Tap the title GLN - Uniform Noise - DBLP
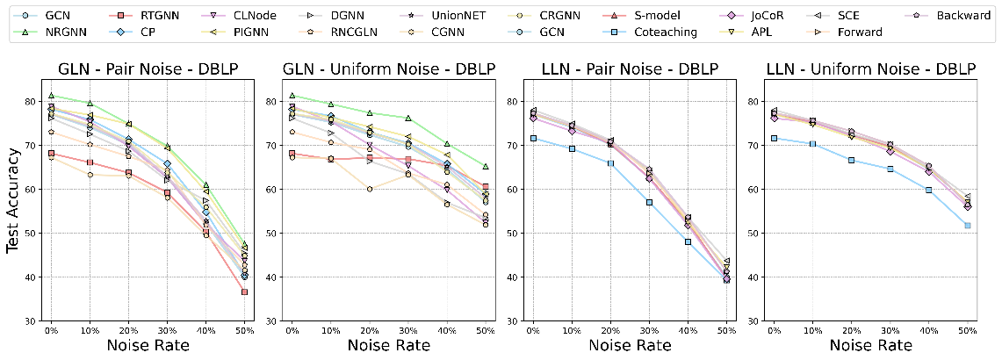tap(387, 69)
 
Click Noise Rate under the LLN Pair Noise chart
tap(629, 345)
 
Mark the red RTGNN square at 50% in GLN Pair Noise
tap(244, 292)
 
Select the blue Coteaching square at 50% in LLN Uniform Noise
tap(967, 226)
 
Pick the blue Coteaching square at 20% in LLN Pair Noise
tap(610, 163)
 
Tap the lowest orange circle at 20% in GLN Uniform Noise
tap(369, 189)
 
